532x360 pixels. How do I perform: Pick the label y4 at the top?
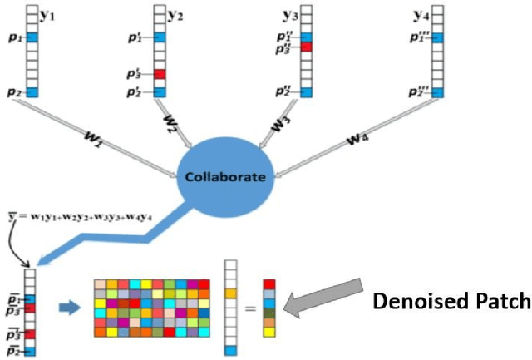pyautogui.click(x=421, y=13)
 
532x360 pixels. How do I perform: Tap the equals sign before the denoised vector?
pyautogui.click(x=250, y=308)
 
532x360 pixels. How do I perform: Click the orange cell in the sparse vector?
pyautogui.click(x=230, y=293)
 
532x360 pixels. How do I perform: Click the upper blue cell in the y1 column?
pyautogui.click(x=32, y=37)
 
